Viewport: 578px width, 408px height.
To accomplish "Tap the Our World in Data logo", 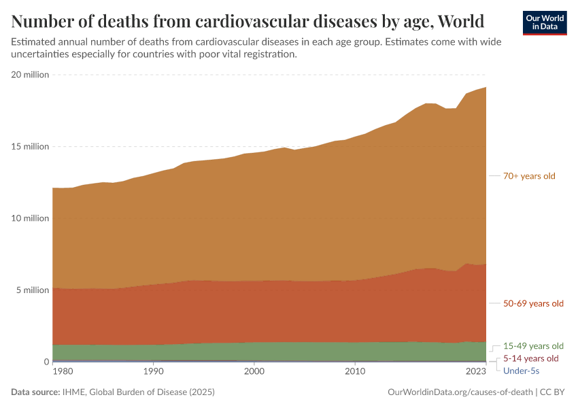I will click(x=544, y=22).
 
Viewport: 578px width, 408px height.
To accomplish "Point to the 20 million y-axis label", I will click(x=30, y=75).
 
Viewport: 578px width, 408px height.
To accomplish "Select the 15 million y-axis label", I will click(x=30, y=146).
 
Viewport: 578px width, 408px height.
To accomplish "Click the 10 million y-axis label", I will click(x=30, y=218).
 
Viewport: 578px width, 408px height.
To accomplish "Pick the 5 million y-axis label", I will click(x=32, y=290).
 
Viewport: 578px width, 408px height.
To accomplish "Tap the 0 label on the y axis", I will click(x=47, y=362).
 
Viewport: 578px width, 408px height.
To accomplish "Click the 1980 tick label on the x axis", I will click(x=63, y=372).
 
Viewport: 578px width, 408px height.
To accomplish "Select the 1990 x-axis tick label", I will click(x=154, y=372).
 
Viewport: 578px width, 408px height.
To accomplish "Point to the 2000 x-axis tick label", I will click(x=254, y=372).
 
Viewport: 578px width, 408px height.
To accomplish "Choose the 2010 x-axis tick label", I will click(x=354, y=372).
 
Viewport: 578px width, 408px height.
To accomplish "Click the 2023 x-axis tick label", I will click(x=476, y=372).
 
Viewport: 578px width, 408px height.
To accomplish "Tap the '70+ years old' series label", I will click(x=529, y=176).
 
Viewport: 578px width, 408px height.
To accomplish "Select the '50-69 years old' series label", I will click(x=533, y=303).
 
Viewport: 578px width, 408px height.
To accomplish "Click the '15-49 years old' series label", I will click(x=533, y=345).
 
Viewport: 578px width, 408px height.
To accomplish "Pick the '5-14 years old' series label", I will click(x=530, y=358).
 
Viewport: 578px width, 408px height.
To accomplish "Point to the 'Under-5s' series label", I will click(x=521, y=371).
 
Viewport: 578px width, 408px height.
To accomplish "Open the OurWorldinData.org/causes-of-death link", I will click(x=460, y=392).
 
